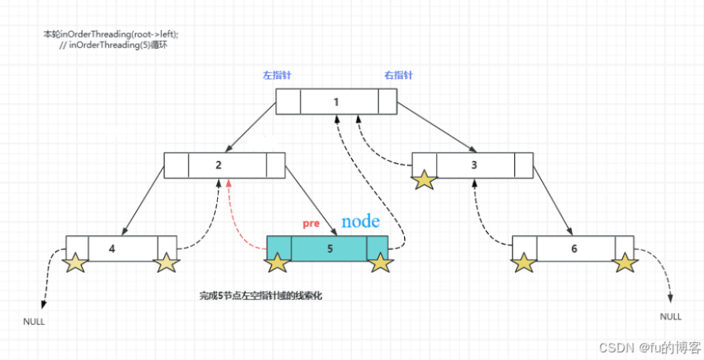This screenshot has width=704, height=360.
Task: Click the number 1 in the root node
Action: pyautogui.click(x=336, y=101)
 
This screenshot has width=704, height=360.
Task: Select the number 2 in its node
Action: pyautogui.click(x=218, y=165)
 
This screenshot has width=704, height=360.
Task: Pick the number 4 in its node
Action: pyautogui.click(x=112, y=249)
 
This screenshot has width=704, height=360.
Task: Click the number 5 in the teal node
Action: pyautogui.click(x=329, y=249)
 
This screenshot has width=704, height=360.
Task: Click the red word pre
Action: pyautogui.click(x=311, y=224)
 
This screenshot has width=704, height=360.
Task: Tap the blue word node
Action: pyautogui.click(x=361, y=221)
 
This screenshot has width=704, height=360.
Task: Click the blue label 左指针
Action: pyautogui.click(x=277, y=75)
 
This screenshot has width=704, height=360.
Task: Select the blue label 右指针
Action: pyautogui.click(x=398, y=75)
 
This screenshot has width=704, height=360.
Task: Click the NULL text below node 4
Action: pyautogui.click(x=34, y=321)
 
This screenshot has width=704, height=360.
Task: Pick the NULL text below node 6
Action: pyautogui.click(x=670, y=316)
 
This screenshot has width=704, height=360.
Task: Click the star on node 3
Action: pyautogui.click(x=424, y=179)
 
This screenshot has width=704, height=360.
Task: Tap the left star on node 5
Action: pyautogui.click(x=277, y=264)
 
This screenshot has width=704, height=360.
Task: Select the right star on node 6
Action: pyautogui.click(x=625, y=264)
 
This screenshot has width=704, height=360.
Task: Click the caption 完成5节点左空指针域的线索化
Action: pyautogui.click(x=260, y=295)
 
